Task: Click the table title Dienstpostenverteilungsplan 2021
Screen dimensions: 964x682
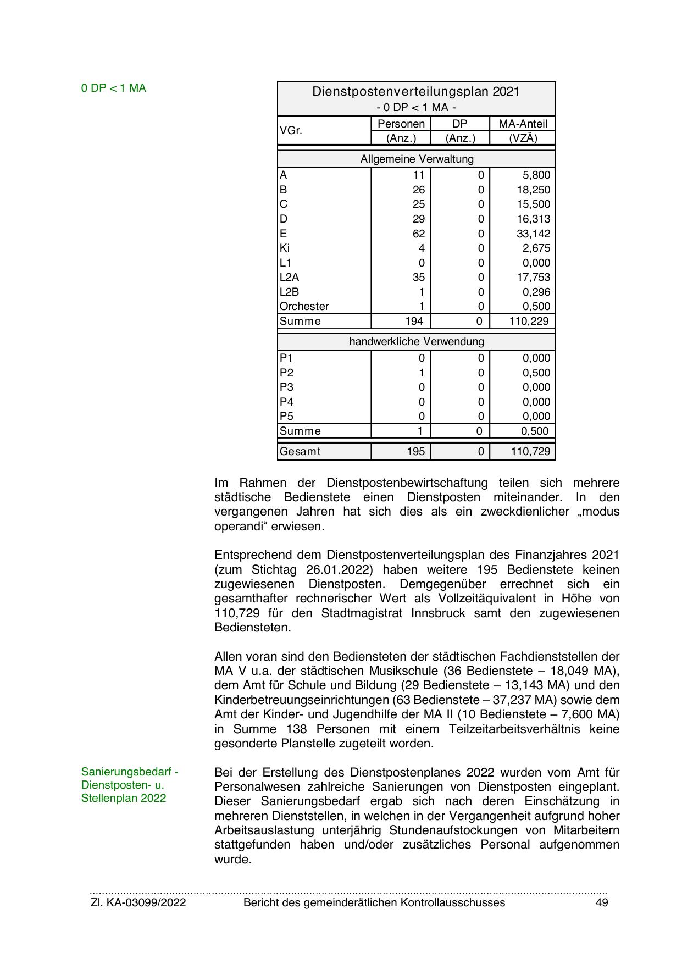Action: pyautogui.click(x=415, y=91)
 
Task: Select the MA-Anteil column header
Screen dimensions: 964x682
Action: pyautogui.click(x=523, y=124)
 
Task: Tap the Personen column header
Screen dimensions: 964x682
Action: pyautogui.click(x=401, y=124)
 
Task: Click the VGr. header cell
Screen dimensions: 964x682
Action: pyautogui.click(x=291, y=131)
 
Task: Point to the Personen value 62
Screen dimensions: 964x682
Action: pyautogui.click(x=419, y=234)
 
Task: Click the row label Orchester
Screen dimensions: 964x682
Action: pyautogui.click(x=304, y=307)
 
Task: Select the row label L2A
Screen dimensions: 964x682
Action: pyautogui.click(x=289, y=278)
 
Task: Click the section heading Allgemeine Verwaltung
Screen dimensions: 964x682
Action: pyautogui.click(x=417, y=159)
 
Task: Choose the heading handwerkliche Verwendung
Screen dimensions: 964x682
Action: pyautogui.click(x=417, y=342)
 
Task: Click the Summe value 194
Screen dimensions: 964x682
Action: pyautogui.click(x=414, y=322)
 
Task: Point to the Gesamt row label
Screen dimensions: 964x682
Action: pyautogui.click(x=300, y=452)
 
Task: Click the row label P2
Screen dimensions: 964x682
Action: pyautogui.click(x=286, y=373)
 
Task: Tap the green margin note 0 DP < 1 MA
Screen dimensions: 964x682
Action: pyautogui.click(x=114, y=88)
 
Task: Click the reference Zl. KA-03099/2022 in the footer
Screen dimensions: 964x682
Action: pyautogui.click(x=138, y=902)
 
